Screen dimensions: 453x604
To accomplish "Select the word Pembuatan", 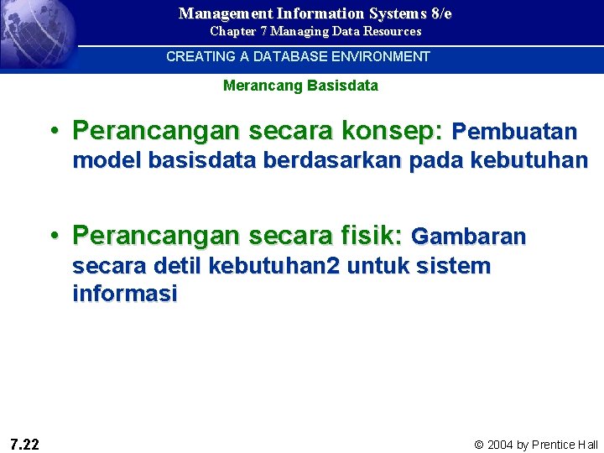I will (x=514, y=132).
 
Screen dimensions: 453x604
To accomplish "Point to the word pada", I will (x=437, y=160).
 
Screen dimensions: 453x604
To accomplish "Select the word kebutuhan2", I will (x=274, y=267).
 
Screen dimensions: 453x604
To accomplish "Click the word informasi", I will (x=125, y=294).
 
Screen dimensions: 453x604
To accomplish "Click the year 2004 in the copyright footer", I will (x=501, y=445).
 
